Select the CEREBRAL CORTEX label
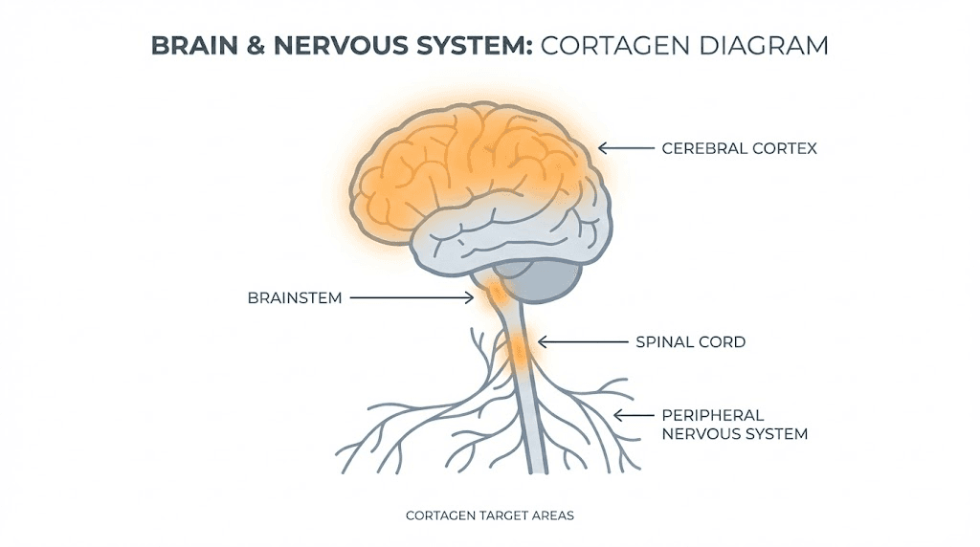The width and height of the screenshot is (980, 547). pyautogui.click(x=739, y=148)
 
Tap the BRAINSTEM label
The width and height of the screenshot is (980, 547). pyautogui.click(x=294, y=297)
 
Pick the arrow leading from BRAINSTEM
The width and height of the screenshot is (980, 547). pyautogui.click(x=412, y=297)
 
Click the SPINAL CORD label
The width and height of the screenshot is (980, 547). pyautogui.click(x=690, y=341)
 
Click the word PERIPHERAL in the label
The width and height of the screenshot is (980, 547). pyautogui.click(x=712, y=415)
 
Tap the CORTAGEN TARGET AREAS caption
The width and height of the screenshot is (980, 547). pyautogui.click(x=489, y=515)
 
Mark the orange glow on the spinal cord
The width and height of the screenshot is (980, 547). pyautogui.click(x=518, y=349)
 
